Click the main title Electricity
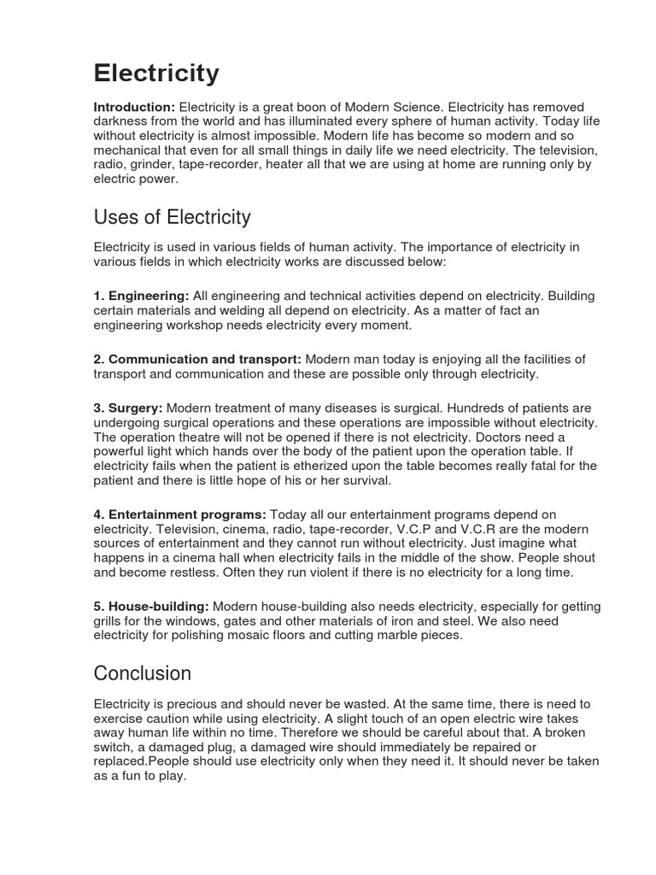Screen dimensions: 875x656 pos(156,73)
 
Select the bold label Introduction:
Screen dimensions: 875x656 pos(134,107)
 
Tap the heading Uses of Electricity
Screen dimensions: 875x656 pos(172,216)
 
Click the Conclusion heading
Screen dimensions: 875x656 pos(142,673)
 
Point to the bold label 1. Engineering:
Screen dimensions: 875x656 pos(141,296)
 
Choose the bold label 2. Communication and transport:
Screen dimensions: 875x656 pos(196,359)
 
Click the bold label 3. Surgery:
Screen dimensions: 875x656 pos(127,408)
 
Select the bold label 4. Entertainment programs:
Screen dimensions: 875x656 pos(179,514)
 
